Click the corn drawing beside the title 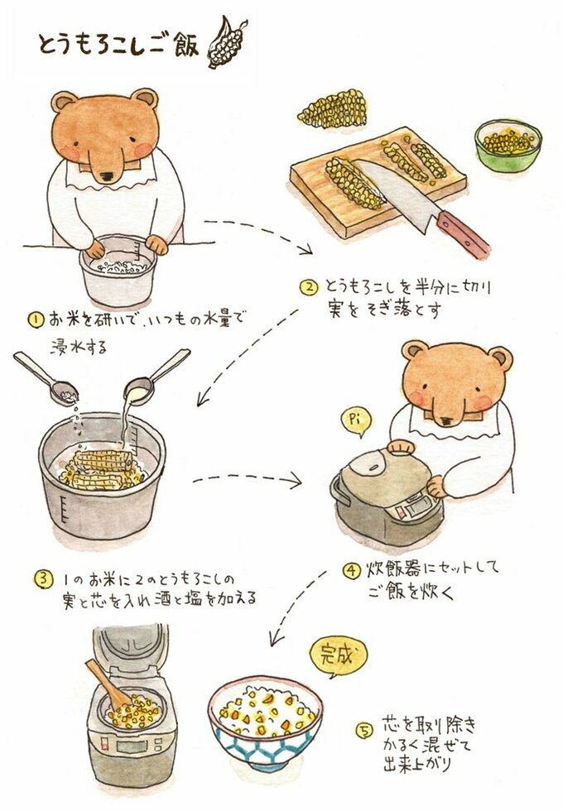(x=226, y=42)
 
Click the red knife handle (x=462, y=234)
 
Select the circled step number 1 (x=36, y=319)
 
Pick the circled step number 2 (x=308, y=287)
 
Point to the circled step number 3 (x=44, y=578)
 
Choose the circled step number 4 (x=351, y=570)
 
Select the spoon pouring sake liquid (x=156, y=373)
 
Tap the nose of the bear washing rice (x=108, y=177)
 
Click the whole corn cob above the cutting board (x=333, y=108)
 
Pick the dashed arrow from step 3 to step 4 (x=248, y=480)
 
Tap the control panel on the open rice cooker (x=131, y=746)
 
